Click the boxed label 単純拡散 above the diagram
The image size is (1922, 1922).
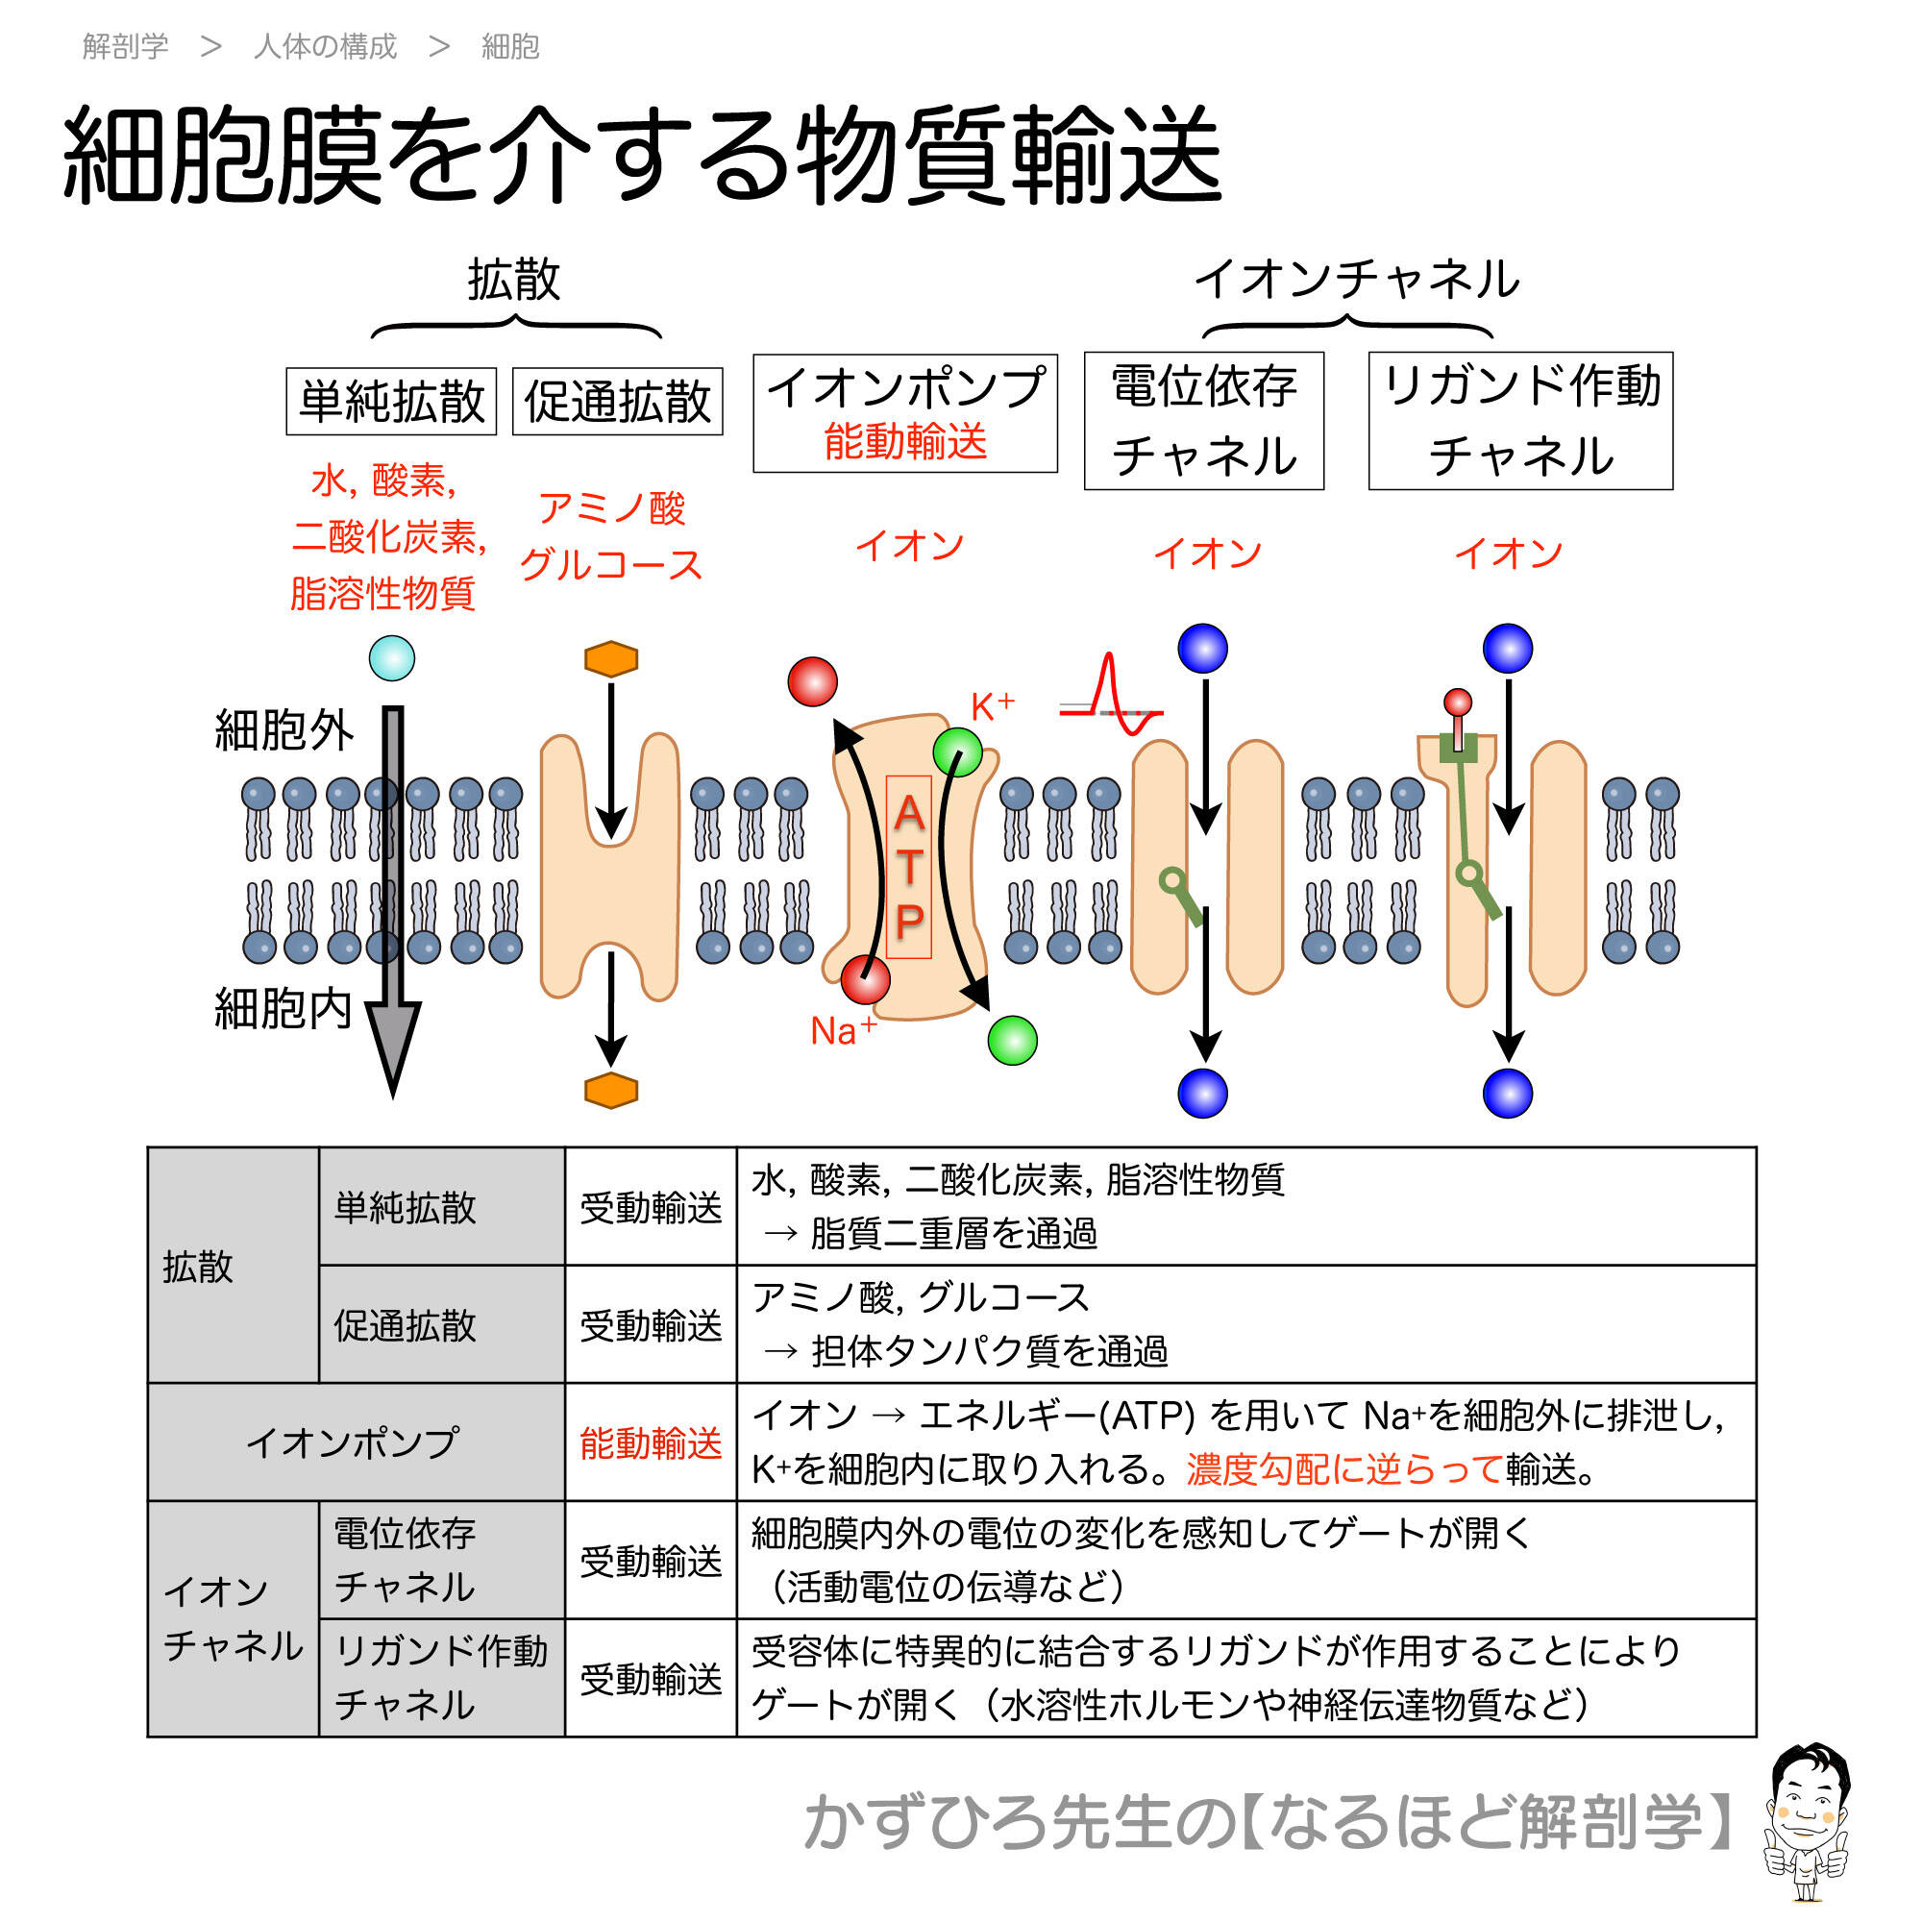click(391, 402)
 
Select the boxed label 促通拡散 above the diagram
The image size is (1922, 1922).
click(617, 402)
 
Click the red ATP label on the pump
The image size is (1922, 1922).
click(908, 867)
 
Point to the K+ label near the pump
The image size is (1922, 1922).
click(992, 707)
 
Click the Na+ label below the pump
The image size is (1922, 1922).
click(843, 1030)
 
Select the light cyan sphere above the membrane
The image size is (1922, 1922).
click(392, 658)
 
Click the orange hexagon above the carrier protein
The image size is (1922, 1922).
click(611, 658)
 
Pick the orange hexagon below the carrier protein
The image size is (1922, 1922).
click(611, 1091)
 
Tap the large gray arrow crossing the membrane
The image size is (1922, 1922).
click(394, 896)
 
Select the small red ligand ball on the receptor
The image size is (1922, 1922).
click(1458, 702)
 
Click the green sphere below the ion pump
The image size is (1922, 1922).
click(1013, 1041)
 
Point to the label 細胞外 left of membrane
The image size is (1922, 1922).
click(283, 731)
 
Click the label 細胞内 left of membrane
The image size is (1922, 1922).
click(283, 1009)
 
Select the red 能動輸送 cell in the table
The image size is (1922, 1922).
click(651, 1442)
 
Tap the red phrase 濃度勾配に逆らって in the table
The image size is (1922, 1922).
click(1344, 1469)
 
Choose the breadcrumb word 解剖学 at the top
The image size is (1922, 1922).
click(125, 47)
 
